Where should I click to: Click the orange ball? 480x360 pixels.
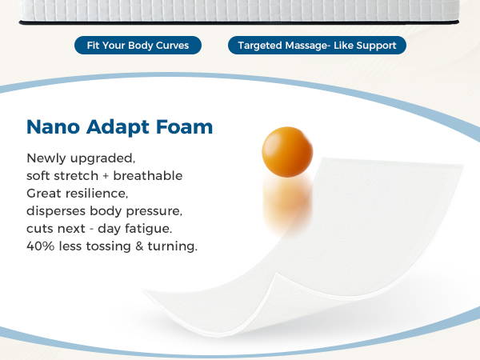tap(287, 152)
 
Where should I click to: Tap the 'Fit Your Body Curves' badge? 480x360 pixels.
tap(138, 46)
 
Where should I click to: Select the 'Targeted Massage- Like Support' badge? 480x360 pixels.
tap(317, 46)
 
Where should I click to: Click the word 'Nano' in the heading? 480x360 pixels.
tap(54, 126)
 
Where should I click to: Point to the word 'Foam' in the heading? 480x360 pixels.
tap(184, 126)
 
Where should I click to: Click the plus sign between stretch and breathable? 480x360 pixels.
tap(106, 176)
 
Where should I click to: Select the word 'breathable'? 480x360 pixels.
tap(148, 176)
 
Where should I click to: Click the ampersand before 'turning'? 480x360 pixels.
tap(139, 246)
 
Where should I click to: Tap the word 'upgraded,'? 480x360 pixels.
tap(102, 159)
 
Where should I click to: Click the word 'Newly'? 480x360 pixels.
tap(46, 159)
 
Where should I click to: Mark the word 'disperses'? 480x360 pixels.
tap(56, 211)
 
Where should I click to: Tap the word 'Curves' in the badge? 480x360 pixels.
tap(172, 46)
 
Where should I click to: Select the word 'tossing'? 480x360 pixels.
tap(108, 246)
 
